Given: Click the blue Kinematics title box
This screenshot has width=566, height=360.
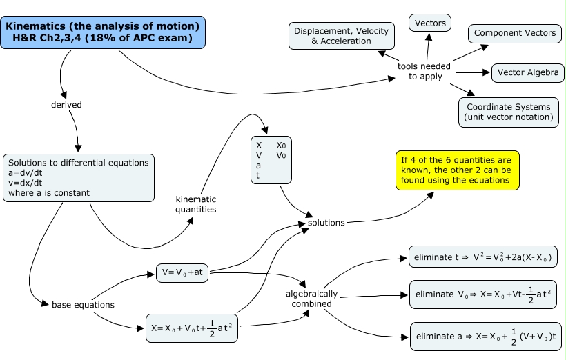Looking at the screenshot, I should [x=103, y=32].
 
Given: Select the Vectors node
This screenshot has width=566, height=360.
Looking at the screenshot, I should [x=430, y=23].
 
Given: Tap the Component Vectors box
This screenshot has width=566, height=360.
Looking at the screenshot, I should [x=515, y=33].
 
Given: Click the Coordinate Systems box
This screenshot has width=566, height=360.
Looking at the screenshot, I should [x=508, y=112].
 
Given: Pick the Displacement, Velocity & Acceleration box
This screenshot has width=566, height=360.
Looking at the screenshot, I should [x=341, y=36].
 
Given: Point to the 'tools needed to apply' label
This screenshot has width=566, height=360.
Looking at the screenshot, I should [x=424, y=71].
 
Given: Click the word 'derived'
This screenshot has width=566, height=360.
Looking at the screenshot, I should [x=66, y=105].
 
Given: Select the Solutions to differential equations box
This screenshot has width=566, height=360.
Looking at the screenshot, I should [x=79, y=178].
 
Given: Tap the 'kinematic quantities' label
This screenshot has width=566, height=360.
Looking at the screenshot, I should [x=195, y=204].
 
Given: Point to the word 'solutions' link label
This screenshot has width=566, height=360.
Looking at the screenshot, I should [x=326, y=223].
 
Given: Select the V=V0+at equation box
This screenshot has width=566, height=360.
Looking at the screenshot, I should [x=182, y=273].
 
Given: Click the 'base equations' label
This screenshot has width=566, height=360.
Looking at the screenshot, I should [x=83, y=304].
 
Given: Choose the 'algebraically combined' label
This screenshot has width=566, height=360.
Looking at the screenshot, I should [x=311, y=298].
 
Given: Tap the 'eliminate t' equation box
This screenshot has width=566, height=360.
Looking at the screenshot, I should [x=482, y=257].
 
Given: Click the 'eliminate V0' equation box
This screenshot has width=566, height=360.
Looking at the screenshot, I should [x=482, y=294].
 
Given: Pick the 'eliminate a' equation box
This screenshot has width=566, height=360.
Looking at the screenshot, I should [x=482, y=337].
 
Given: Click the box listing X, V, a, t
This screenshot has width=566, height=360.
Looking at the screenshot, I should [x=271, y=160].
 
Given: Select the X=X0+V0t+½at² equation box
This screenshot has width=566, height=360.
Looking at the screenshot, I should [x=194, y=329].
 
